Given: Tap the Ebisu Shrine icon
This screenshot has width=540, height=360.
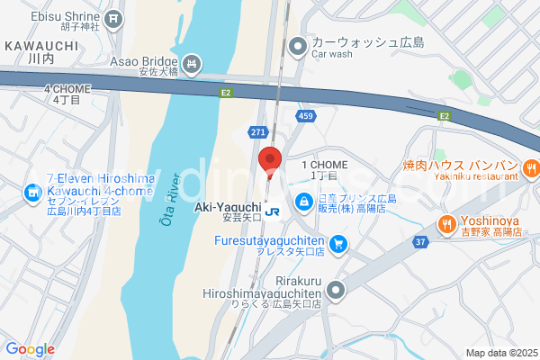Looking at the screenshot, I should coord(113,18).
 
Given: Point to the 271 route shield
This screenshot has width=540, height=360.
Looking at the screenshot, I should coord(259,131).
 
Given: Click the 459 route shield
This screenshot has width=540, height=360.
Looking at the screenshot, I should coord(306,116).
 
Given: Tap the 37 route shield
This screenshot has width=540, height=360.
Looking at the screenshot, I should coord(420,241).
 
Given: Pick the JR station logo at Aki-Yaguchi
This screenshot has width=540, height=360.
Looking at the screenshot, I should coord(273,211).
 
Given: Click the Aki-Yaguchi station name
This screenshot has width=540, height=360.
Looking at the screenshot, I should coord(228,207).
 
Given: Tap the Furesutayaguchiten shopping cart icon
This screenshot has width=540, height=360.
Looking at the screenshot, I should coord(337,243).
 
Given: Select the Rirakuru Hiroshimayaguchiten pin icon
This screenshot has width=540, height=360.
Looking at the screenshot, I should coord(336,290).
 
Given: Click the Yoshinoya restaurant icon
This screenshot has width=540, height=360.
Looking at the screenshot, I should coord(445,223).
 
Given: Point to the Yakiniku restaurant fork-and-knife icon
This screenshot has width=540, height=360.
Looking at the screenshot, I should coord(531,166).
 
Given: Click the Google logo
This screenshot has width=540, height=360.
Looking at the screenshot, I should coord(30,349).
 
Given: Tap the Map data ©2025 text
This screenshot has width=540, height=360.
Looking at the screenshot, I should coord(500,353).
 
